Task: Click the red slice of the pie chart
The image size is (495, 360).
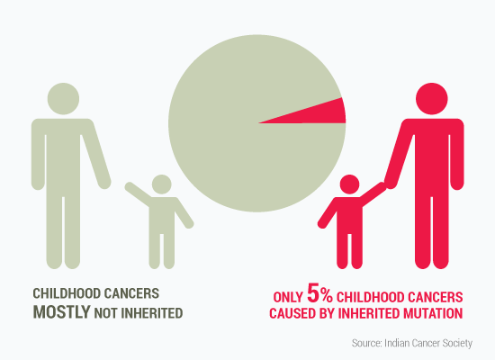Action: click(x=322, y=114)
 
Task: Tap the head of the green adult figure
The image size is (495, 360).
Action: click(x=63, y=99)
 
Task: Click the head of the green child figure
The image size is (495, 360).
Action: click(x=162, y=184)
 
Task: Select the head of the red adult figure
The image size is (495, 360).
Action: click(x=431, y=99)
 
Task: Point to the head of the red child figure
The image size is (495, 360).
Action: click(x=349, y=184)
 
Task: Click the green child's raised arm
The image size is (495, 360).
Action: click(x=138, y=193)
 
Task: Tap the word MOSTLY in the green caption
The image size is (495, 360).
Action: click(x=62, y=312)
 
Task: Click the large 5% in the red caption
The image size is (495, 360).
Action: click(x=319, y=294)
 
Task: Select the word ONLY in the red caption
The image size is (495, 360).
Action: click(x=288, y=298)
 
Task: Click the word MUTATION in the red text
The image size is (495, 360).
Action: click(x=433, y=313)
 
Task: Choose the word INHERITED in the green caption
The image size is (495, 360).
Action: click(x=152, y=313)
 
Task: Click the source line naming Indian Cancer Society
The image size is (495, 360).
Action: click(x=412, y=343)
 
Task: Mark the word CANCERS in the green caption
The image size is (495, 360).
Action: click(x=131, y=293)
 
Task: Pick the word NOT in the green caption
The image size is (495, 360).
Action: click(x=106, y=313)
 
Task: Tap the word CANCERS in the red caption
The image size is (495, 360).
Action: click(x=435, y=298)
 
